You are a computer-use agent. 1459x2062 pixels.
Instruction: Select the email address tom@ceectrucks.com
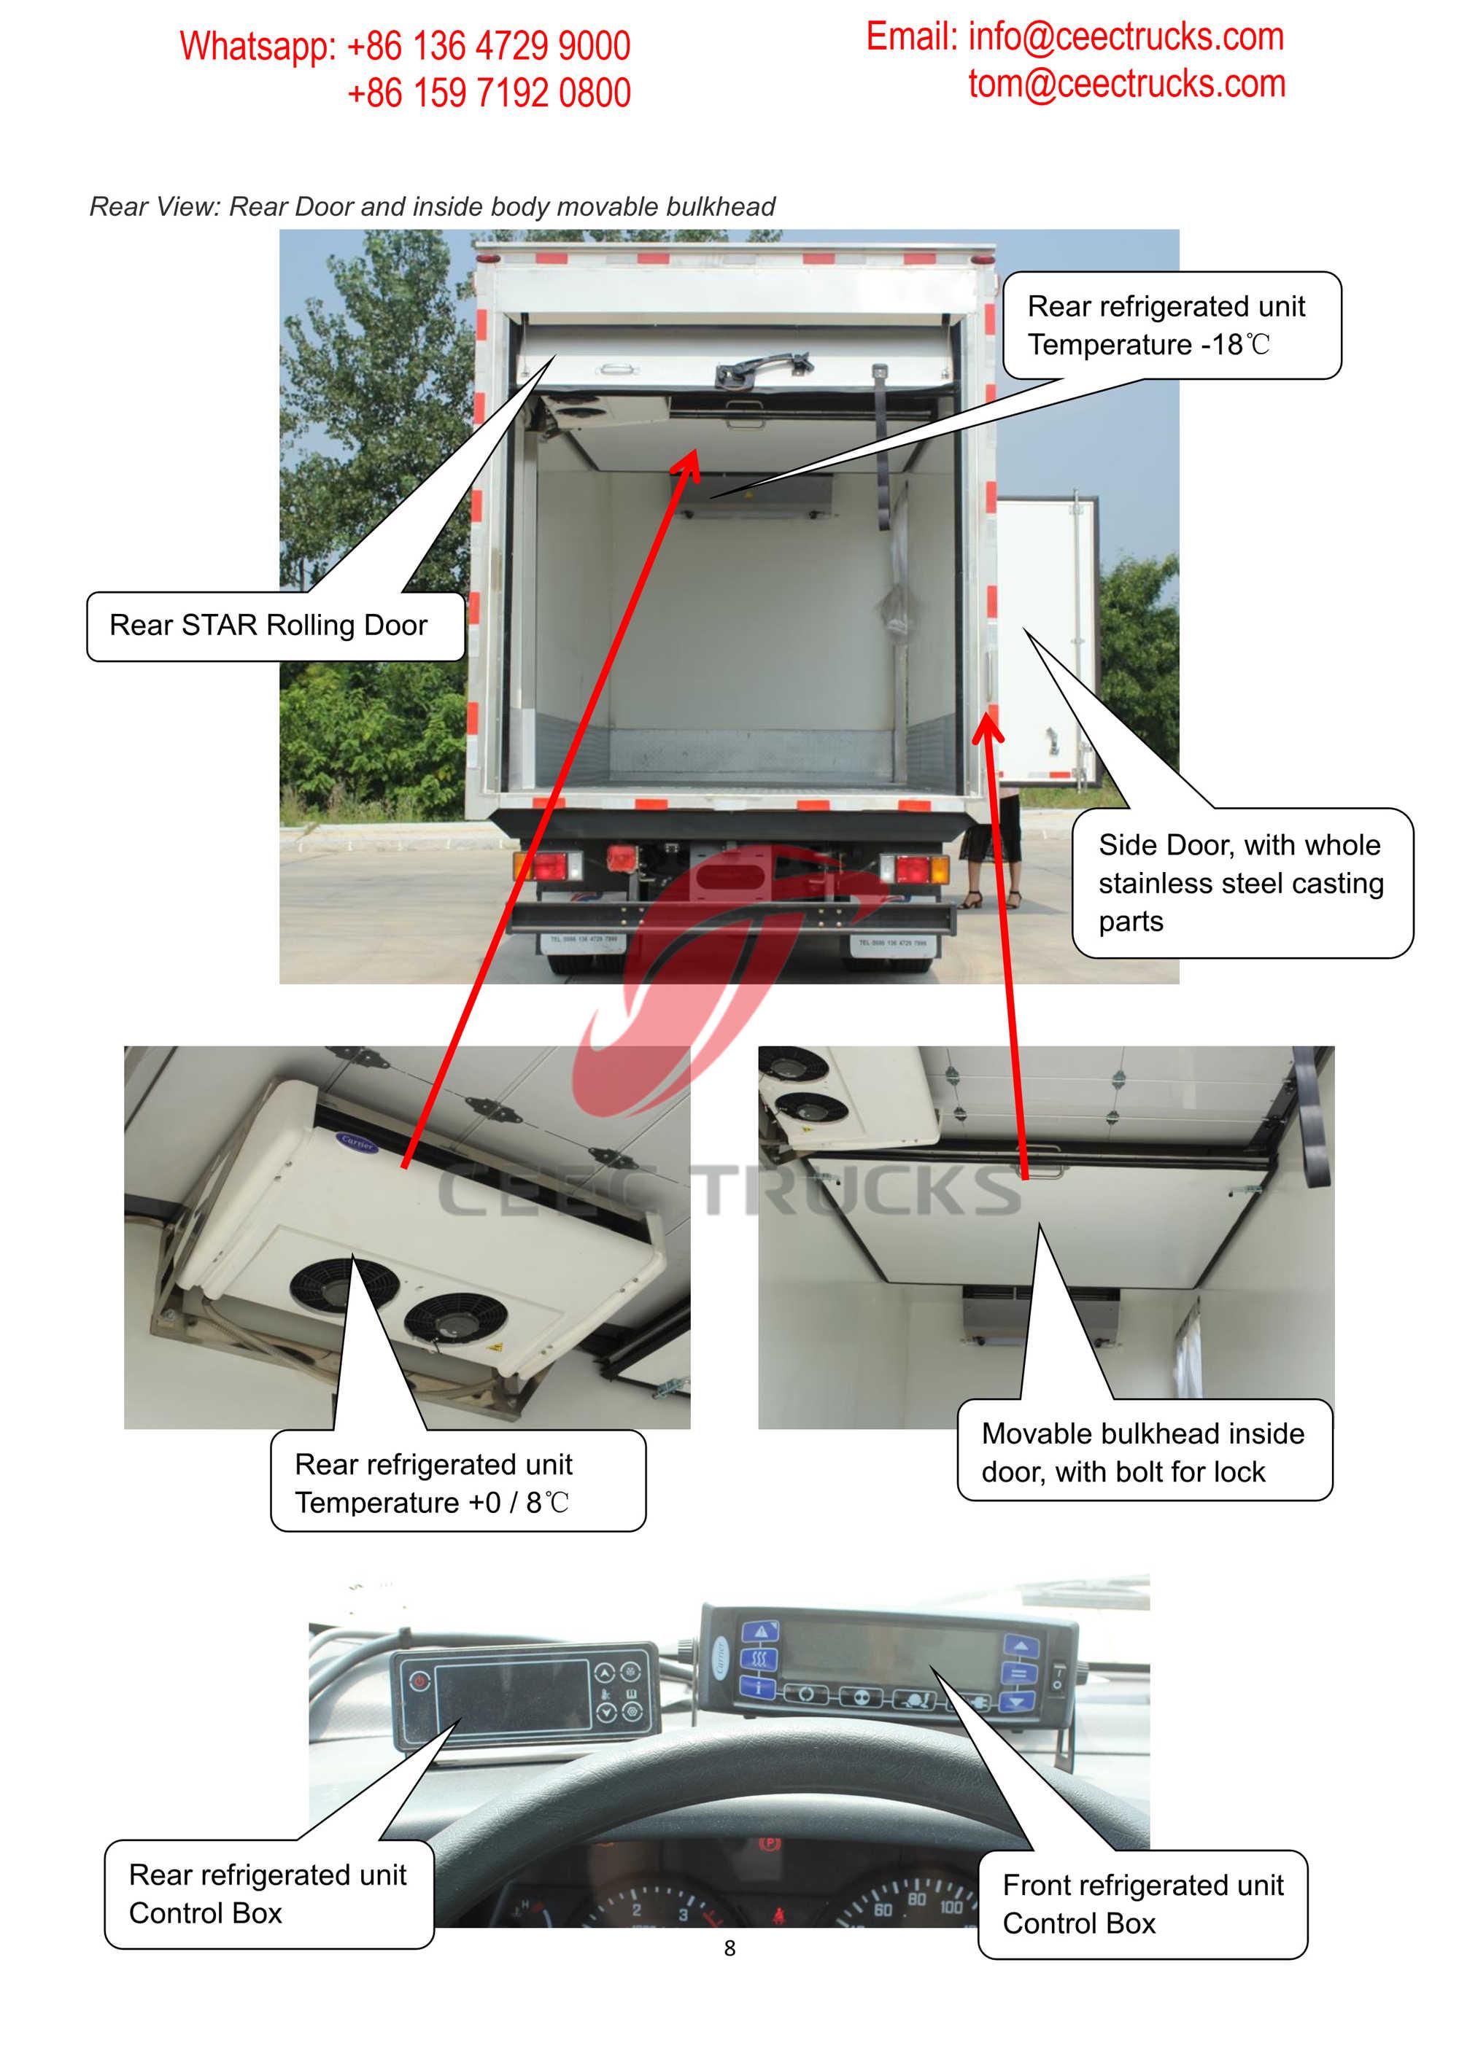(x=1126, y=85)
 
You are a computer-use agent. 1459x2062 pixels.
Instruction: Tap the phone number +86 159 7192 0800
(x=489, y=93)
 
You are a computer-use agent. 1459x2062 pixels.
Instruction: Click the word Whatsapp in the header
(x=257, y=47)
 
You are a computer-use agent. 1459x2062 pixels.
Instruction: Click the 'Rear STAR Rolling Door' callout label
(x=268, y=625)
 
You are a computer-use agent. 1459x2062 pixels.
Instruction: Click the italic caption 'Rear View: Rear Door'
(x=432, y=206)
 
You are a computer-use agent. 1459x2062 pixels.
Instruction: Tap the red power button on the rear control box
(x=419, y=1681)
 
